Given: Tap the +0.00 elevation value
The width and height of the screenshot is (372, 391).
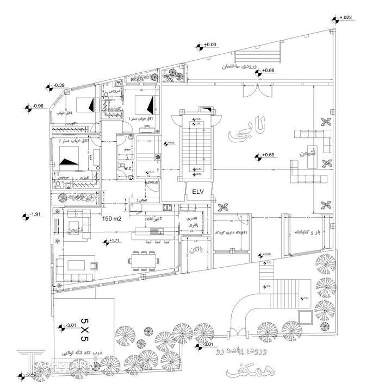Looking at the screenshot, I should click(x=210, y=44).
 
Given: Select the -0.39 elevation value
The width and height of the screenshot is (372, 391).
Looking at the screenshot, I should click(x=59, y=85).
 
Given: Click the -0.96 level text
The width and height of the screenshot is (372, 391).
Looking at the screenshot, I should click(x=38, y=105).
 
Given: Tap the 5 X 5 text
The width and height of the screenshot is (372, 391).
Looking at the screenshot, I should click(x=84, y=325).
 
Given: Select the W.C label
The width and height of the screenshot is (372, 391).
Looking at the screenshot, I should click(x=128, y=168).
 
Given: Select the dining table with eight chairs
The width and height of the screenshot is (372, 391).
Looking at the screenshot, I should click(x=145, y=261).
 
